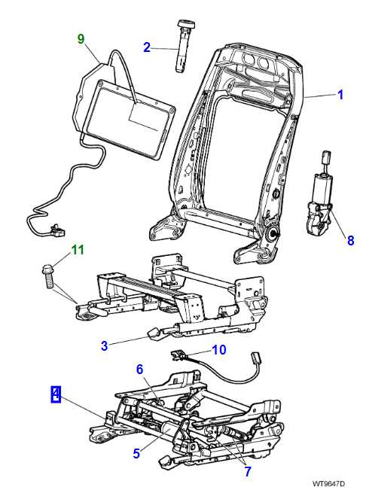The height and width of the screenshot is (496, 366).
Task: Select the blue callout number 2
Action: coord(147,47)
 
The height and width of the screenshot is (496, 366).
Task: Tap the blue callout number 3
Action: coord(105,345)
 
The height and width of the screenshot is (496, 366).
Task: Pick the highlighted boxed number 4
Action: coord(56,393)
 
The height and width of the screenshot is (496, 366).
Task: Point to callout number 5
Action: coord(137,453)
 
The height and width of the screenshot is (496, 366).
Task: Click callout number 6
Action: coord(139,369)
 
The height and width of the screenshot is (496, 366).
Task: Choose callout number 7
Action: coord(246,472)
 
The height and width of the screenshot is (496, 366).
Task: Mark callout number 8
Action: coord(349,241)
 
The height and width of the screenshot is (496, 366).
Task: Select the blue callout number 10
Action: coord(218,349)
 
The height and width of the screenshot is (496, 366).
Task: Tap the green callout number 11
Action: coord(77,249)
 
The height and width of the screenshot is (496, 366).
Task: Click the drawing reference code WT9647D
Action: coord(329,483)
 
